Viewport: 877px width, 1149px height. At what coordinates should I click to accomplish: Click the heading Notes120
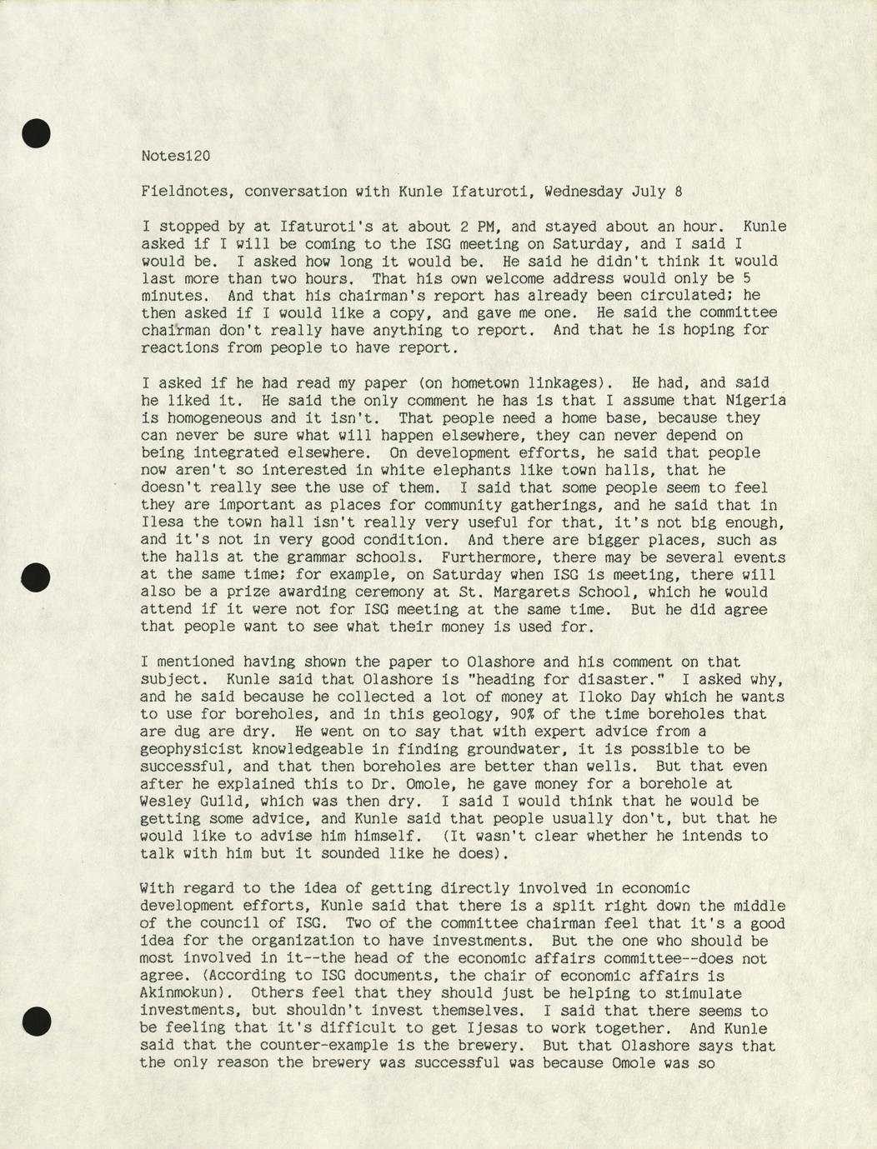pos(175,156)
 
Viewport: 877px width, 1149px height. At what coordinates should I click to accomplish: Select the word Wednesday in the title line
pos(583,192)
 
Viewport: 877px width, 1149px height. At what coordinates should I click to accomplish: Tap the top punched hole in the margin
pos(37,133)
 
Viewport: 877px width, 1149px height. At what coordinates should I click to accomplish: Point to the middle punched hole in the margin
pos(37,577)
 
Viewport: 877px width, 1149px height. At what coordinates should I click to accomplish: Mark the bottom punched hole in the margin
pos(37,1021)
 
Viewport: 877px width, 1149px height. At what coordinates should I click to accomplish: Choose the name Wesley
pos(167,802)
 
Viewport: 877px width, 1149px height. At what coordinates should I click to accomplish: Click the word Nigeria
pos(754,401)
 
